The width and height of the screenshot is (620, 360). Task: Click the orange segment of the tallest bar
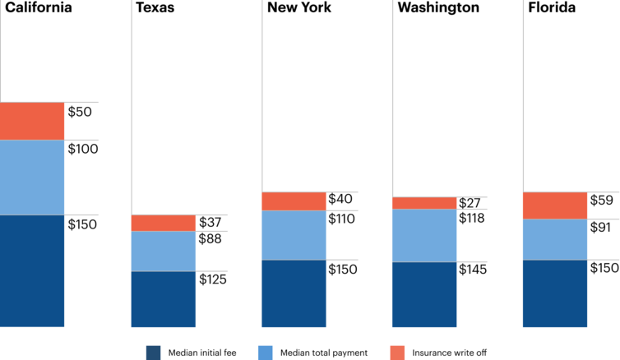pyautogui.click(x=32, y=122)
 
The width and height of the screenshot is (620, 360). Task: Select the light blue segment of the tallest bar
pyautogui.click(x=32, y=178)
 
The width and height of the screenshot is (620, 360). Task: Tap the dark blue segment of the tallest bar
pyautogui.click(x=32, y=272)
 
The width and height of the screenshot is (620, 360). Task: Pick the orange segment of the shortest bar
pyautogui.click(x=164, y=223)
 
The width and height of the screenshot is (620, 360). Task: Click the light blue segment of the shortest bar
pyautogui.click(x=164, y=251)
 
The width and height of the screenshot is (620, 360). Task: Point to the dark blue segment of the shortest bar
pyautogui.click(x=164, y=300)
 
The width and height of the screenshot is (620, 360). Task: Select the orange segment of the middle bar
pyautogui.click(x=294, y=201)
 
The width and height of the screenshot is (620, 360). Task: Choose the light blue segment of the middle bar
pyautogui.click(x=294, y=235)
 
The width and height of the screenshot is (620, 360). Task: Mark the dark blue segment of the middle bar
pyautogui.click(x=294, y=294)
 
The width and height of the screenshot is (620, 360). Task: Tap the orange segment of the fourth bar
pyautogui.click(x=424, y=203)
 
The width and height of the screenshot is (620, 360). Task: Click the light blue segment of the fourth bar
pyautogui.click(x=424, y=236)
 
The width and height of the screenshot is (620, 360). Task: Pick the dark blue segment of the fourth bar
pyautogui.click(x=424, y=296)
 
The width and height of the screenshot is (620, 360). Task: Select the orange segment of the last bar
pyautogui.click(x=555, y=205)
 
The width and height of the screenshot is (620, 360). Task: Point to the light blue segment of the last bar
pyautogui.click(x=555, y=239)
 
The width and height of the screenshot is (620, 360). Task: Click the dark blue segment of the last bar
pyautogui.click(x=555, y=294)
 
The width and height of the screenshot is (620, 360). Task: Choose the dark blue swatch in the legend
pyautogui.click(x=153, y=352)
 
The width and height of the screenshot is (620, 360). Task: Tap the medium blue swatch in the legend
pyautogui.click(x=265, y=352)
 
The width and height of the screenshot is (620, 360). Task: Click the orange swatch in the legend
pyautogui.click(x=397, y=352)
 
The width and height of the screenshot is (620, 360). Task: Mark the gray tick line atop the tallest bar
pyautogui.click(x=81, y=103)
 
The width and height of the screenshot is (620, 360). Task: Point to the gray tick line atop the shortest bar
pyautogui.click(x=211, y=215)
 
